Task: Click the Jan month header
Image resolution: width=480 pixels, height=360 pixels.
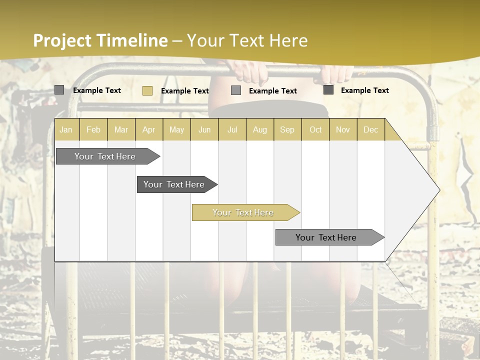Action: (66, 129)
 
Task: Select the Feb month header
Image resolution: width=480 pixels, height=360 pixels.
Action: (93, 129)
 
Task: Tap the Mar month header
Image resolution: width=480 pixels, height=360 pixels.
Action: (121, 129)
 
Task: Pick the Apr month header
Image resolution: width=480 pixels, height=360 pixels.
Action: (148, 129)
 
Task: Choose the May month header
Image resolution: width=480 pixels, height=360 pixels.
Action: (176, 129)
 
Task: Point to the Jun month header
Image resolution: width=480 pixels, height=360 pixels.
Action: (204, 129)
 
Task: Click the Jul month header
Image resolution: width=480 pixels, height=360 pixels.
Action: (232, 129)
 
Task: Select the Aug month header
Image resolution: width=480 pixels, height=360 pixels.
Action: (260, 129)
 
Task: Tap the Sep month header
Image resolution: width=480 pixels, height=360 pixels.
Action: (287, 129)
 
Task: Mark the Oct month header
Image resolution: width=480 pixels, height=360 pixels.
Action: (315, 129)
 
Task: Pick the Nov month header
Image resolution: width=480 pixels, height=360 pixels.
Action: (343, 129)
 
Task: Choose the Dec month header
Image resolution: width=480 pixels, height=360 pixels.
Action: (371, 129)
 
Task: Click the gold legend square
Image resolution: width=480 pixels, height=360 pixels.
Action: (147, 90)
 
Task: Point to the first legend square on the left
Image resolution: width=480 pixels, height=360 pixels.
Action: (59, 90)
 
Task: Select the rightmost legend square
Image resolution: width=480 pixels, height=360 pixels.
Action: (328, 90)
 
